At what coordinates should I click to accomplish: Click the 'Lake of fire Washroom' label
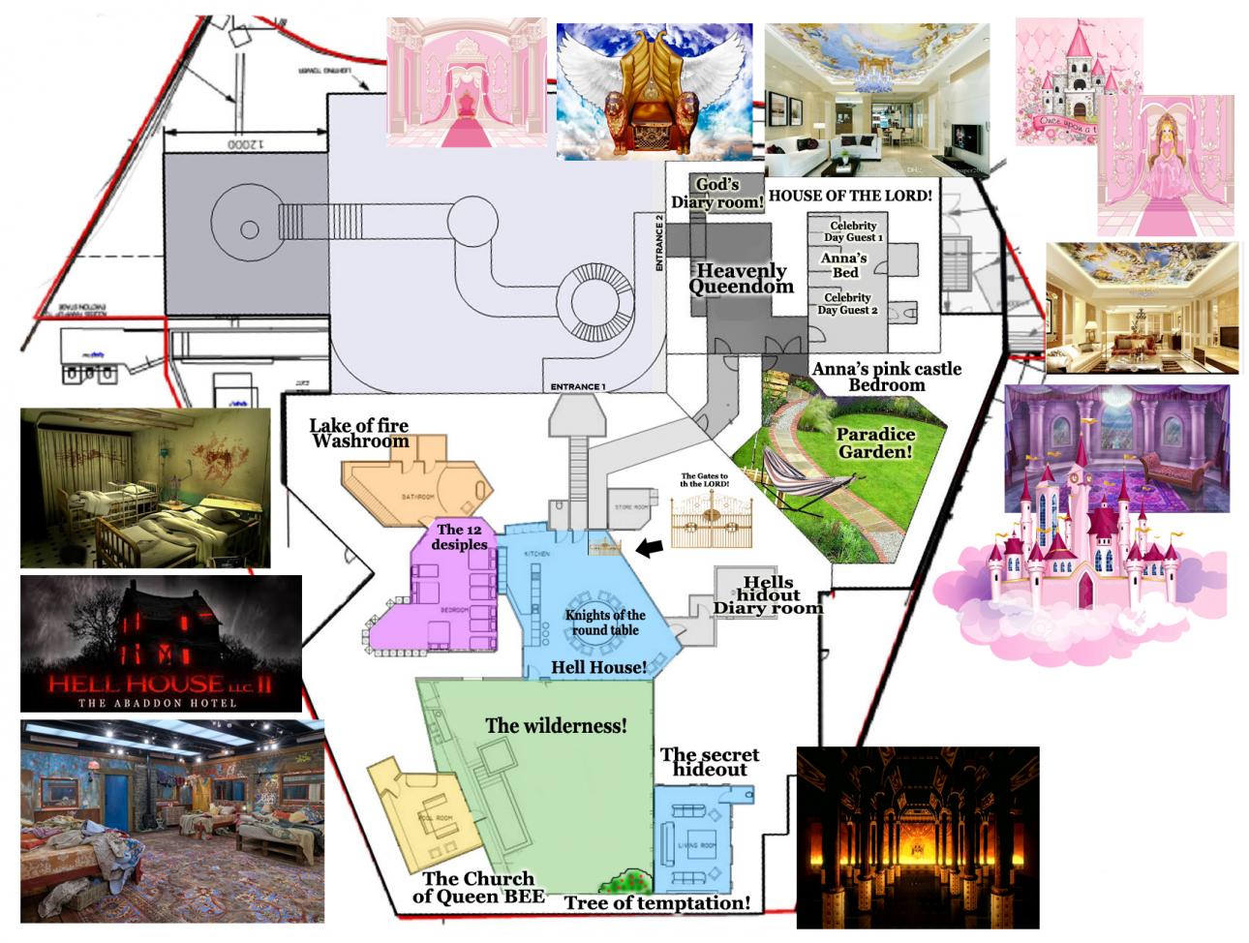tap(359, 433)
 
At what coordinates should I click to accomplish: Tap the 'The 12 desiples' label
tap(462, 536)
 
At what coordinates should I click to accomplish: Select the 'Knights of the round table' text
tap(605, 622)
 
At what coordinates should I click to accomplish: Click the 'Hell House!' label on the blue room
tap(598, 667)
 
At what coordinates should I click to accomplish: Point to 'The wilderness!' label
tap(556, 725)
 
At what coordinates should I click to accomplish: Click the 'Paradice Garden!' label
tap(875, 442)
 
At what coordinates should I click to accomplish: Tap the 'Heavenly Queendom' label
tap(741, 279)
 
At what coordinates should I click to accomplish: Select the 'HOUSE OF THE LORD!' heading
tap(850, 196)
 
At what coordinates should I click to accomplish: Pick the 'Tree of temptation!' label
tap(657, 903)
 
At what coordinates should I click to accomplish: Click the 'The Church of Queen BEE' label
tap(478, 887)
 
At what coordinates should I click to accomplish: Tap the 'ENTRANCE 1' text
tap(577, 387)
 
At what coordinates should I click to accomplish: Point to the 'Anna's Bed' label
tap(843, 265)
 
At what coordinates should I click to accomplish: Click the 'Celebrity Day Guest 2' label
tap(847, 304)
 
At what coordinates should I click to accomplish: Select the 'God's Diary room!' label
tap(718, 194)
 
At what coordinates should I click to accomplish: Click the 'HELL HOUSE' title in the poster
tap(160, 684)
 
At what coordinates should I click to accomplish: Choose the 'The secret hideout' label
tap(710, 762)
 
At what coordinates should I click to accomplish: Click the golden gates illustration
tap(712, 510)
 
